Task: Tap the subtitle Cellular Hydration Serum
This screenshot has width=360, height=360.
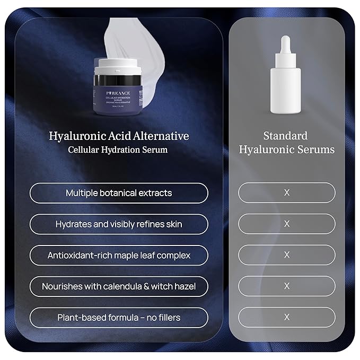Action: coord(118,150)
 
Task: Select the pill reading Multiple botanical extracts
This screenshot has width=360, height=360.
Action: coord(119,193)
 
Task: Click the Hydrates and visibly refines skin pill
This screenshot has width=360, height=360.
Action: coord(119,224)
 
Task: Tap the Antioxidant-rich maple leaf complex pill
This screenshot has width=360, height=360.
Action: coord(119,255)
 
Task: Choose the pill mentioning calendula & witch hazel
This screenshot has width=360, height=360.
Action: coord(119,286)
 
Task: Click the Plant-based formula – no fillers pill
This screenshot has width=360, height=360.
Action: coord(119,318)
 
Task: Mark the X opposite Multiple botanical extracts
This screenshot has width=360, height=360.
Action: coord(287,193)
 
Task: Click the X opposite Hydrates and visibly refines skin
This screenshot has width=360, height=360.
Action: coord(287,224)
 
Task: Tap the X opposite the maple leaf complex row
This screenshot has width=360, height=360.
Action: coord(287,255)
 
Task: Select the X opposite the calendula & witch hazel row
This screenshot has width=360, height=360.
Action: coord(287,286)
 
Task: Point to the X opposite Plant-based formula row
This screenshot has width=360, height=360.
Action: coord(287,318)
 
